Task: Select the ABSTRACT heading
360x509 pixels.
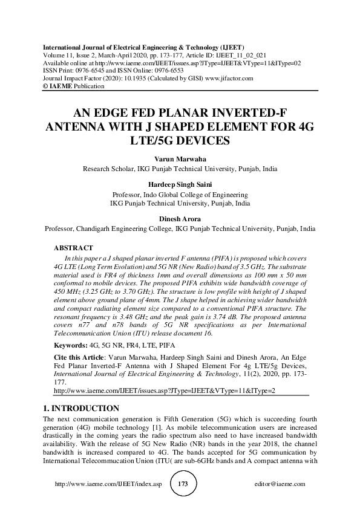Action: coord(73,248)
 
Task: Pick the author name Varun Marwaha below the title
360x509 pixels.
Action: coord(180,158)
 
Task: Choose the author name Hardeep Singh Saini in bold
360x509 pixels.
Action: coord(180,185)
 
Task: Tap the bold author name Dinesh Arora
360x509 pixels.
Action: coord(180,219)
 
